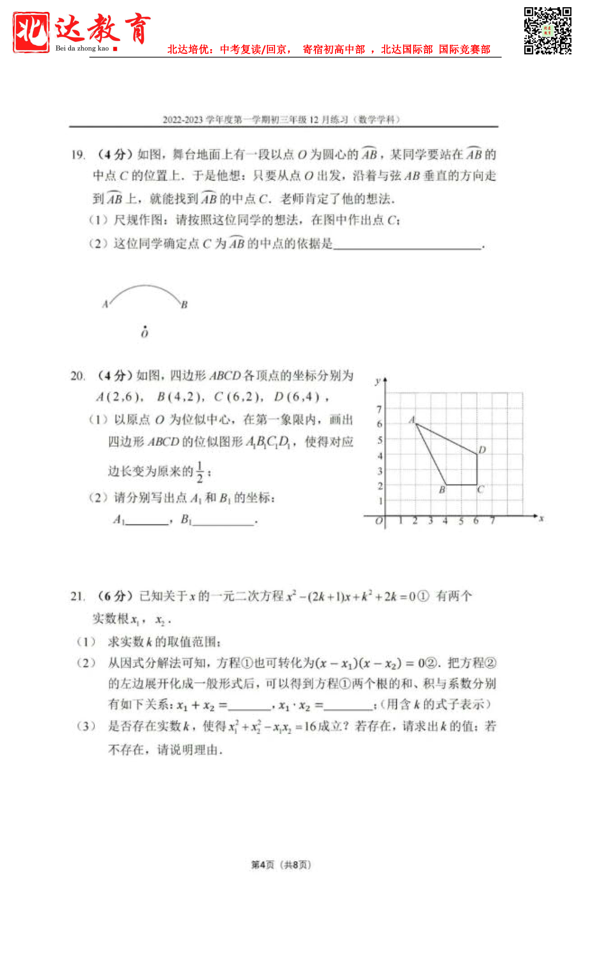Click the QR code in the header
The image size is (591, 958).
tap(548, 31)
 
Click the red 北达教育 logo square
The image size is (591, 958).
tap(31, 32)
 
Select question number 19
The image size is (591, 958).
tap(78, 155)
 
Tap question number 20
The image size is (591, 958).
tap(77, 376)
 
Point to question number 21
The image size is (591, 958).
tap(77, 596)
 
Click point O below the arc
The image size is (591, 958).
tap(145, 333)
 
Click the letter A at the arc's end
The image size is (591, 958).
tap(105, 304)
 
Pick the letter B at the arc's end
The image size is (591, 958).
tap(184, 304)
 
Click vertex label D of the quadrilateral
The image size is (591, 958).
tap(482, 449)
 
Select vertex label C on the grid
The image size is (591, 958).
tap(480, 489)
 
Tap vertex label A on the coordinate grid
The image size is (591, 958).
tap(412, 420)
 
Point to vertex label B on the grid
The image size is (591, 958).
tap(442, 489)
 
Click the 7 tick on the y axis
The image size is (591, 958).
tap(379, 409)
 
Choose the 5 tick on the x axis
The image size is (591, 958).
tap(461, 521)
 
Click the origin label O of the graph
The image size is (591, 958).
tap(379, 521)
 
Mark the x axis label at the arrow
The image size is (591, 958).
tap(541, 519)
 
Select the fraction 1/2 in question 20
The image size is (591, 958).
tap(200, 471)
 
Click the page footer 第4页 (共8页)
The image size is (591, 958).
tap(281, 864)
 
